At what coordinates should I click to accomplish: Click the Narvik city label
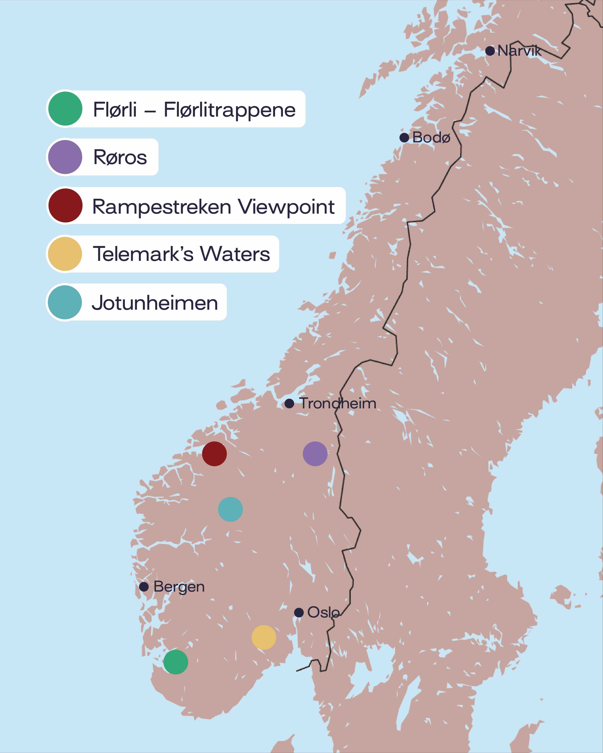pyautogui.click(x=519, y=51)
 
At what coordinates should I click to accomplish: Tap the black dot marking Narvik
pyautogui.click(x=490, y=51)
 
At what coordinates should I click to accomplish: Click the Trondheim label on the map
pyautogui.click(x=338, y=403)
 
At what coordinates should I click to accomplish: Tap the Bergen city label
pyautogui.click(x=179, y=587)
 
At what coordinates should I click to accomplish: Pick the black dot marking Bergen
pyautogui.click(x=144, y=587)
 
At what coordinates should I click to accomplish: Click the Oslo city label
pyautogui.click(x=323, y=613)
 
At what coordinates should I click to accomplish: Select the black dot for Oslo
pyautogui.click(x=298, y=613)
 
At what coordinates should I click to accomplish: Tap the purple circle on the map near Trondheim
pyautogui.click(x=315, y=454)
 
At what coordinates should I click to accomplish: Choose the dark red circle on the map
pyautogui.click(x=214, y=454)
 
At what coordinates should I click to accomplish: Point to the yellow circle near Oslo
pyautogui.click(x=264, y=637)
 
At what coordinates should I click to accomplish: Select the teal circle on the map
pyautogui.click(x=230, y=509)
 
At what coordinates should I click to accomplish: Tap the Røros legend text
pyautogui.click(x=120, y=157)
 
